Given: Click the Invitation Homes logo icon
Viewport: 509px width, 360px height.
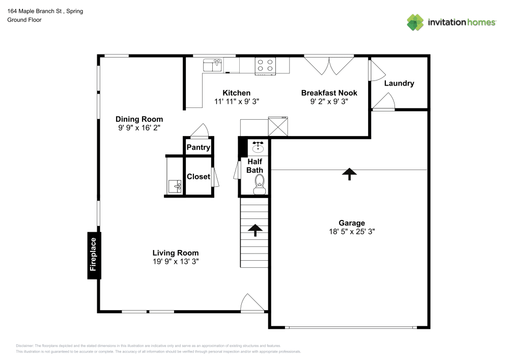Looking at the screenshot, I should click(415, 22).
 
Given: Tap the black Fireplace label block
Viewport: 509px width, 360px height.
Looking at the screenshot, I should click(93, 256).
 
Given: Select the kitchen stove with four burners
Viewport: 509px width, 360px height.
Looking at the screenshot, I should click(265, 65).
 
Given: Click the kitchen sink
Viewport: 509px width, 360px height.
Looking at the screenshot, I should click(213, 65).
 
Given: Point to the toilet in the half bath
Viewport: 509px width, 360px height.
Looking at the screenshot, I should click(260, 182).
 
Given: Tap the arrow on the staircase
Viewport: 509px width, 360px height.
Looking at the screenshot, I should click(254, 230).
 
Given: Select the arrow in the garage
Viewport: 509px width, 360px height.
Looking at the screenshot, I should click(349, 174).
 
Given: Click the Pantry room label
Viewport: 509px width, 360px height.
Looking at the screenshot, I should click(199, 148).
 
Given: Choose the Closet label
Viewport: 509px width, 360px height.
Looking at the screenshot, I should click(198, 177).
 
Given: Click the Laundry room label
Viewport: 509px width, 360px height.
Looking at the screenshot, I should click(399, 83).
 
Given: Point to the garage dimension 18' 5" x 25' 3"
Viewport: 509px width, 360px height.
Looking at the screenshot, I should click(352, 231).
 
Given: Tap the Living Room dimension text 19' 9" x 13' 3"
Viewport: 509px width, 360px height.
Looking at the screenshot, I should click(176, 261).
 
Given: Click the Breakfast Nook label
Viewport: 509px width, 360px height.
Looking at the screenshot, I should click(329, 93).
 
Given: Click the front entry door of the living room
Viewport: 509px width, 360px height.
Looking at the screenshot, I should click(252, 303).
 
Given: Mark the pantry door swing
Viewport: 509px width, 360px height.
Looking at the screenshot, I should click(199, 131).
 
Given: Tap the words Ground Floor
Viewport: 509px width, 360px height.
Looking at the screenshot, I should click(24, 20).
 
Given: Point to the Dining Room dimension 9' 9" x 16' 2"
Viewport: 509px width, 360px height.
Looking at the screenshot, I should click(140, 128).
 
